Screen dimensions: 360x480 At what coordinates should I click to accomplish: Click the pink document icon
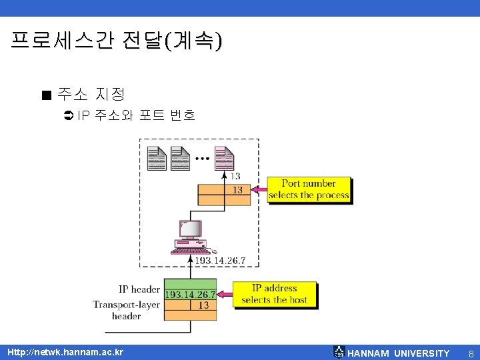coord(224,157)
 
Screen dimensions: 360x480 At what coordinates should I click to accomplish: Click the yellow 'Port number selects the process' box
coord(309,189)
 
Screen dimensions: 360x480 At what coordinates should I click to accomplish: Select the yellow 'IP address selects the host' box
coord(274,294)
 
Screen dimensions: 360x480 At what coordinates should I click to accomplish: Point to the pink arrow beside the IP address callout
coord(225,294)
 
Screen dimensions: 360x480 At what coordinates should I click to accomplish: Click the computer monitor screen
coord(191,229)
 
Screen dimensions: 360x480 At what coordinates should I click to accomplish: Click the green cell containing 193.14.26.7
coord(190,295)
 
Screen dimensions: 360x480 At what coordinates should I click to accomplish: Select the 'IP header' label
coord(139,289)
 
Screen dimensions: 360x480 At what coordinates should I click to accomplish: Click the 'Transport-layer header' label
coord(127,310)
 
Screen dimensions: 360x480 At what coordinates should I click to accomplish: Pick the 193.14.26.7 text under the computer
coord(220,260)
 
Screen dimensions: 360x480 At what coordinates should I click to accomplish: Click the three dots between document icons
coord(202,159)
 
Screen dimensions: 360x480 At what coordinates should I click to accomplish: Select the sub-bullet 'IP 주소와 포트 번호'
coord(136,115)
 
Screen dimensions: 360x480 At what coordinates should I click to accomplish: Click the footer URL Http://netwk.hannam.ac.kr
coord(65,352)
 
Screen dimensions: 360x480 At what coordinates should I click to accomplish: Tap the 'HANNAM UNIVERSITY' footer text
coord(399,353)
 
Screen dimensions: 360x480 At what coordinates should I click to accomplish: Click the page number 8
coord(471,353)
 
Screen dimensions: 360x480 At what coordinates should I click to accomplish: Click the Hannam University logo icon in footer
coord(339,353)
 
